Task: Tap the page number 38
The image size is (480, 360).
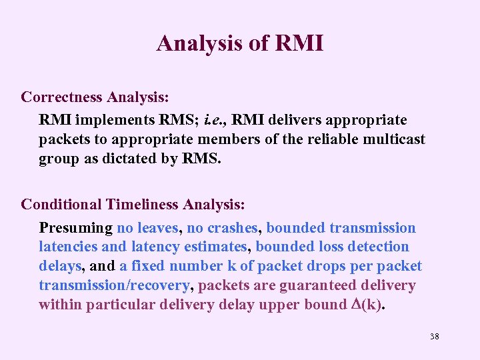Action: point(435,336)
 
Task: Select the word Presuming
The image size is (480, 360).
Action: point(75,228)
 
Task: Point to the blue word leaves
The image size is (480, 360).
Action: point(157,228)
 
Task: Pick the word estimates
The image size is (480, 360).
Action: point(215,247)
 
